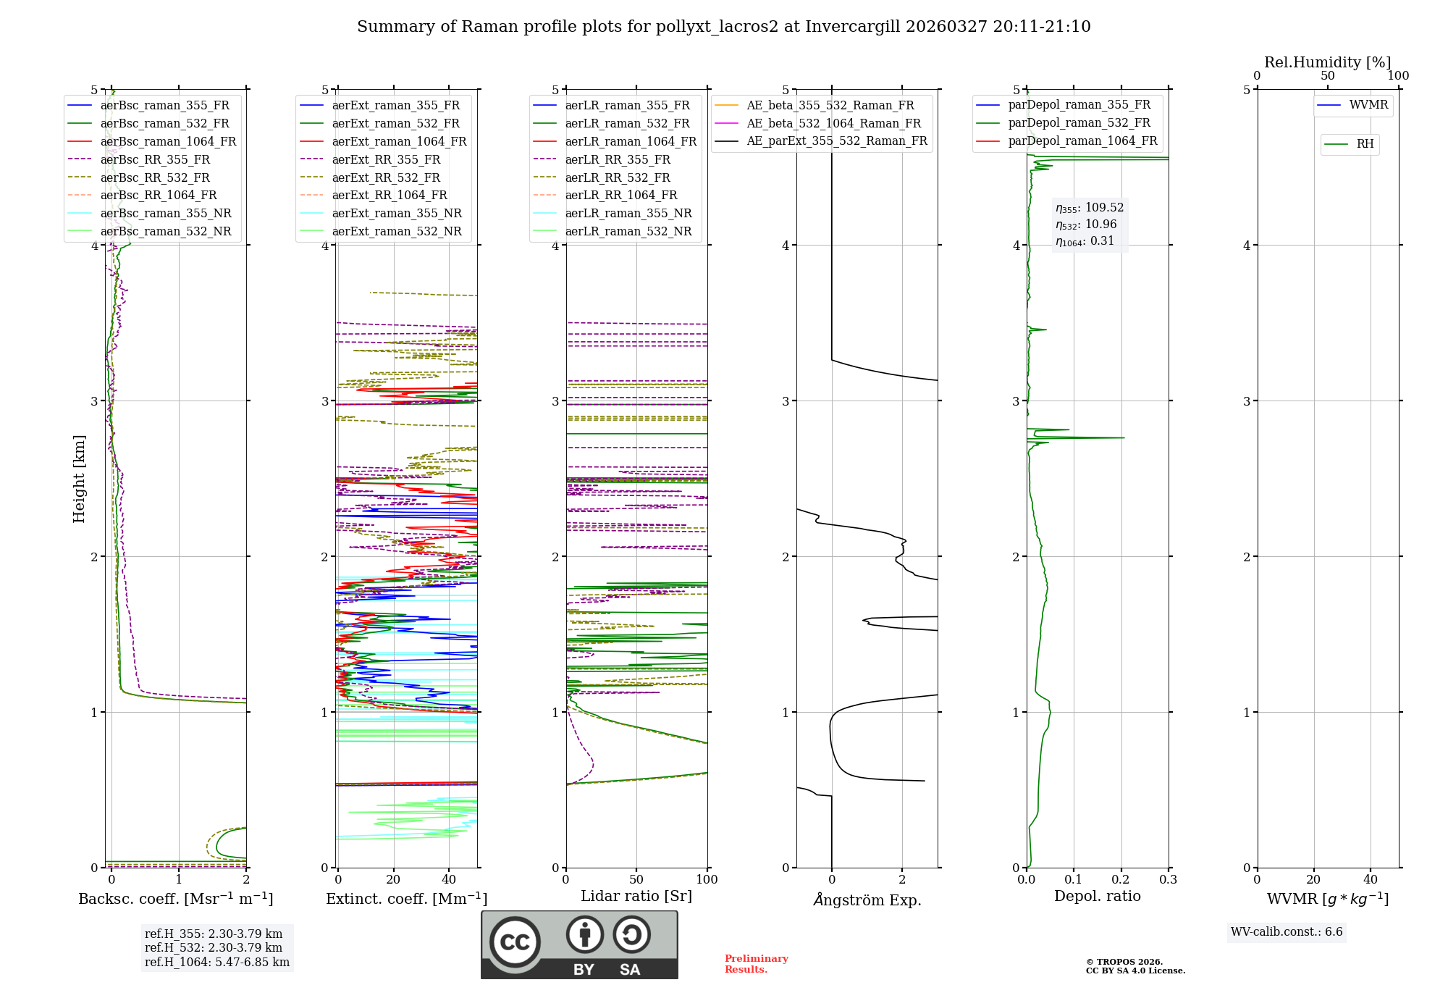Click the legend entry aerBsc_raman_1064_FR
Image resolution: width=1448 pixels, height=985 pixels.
tap(168, 141)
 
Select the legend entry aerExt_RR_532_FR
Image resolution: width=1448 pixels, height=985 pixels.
tap(386, 177)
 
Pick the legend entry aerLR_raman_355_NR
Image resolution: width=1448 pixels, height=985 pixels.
tap(628, 213)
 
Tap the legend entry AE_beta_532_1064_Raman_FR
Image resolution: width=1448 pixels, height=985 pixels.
tap(833, 123)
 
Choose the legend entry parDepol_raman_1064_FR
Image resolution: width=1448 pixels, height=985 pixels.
tap(1082, 141)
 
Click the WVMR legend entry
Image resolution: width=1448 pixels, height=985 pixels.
tap(1368, 105)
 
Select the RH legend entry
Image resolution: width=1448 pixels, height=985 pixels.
tap(1365, 144)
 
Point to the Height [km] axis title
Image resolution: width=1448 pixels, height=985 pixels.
tap(80, 479)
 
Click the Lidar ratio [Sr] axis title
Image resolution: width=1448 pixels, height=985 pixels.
tap(636, 896)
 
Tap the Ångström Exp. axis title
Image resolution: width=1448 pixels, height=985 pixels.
tap(867, 900)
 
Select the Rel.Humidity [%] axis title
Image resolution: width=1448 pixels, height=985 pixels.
tap(1327, 62)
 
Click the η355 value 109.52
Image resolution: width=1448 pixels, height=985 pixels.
tap(1104, 208)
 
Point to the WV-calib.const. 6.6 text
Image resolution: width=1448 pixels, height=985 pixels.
tap(1287, 932)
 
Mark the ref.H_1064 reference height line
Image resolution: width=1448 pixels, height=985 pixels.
tap(217, 963)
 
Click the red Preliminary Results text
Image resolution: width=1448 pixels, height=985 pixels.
tap(756, 964)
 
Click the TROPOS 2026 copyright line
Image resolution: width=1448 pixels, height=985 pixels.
tap(1124, 962)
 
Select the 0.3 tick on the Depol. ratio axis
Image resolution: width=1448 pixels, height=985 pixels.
tap(1168, 879)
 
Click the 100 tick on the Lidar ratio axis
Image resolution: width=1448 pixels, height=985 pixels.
tap(707, 879)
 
